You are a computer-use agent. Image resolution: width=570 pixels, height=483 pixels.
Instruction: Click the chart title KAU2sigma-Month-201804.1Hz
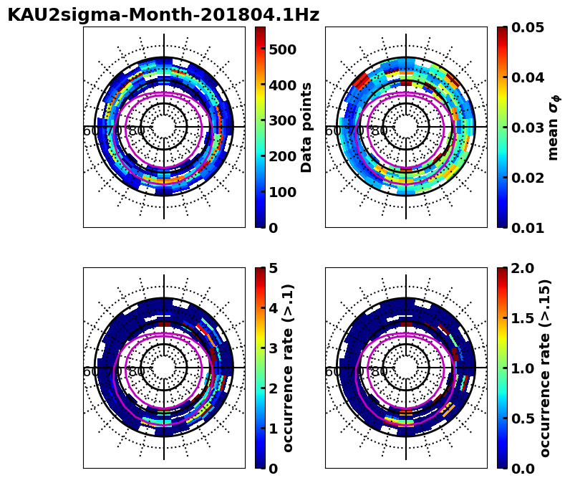pyautogui.click(x=163, y=15)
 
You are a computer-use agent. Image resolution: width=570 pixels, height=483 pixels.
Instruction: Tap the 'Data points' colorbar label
pyautogui.click(x=306, y=127)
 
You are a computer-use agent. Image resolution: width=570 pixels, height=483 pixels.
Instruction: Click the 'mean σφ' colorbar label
pyautogui.click(x=553, y=127)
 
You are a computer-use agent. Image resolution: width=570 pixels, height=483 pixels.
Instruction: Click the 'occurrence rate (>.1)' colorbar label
pyautogui.click(x=289, y=368)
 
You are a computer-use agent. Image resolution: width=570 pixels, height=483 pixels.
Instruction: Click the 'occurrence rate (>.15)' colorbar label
pyautogui.click(x=546, y=368)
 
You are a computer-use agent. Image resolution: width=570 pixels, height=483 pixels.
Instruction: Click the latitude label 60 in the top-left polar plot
pyautogui.click(x=90, y=131)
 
